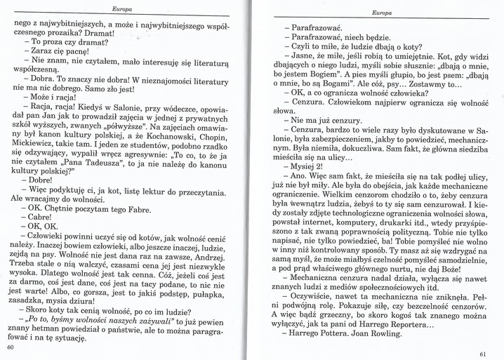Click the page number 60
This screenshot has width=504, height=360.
(x=10, y=347)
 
